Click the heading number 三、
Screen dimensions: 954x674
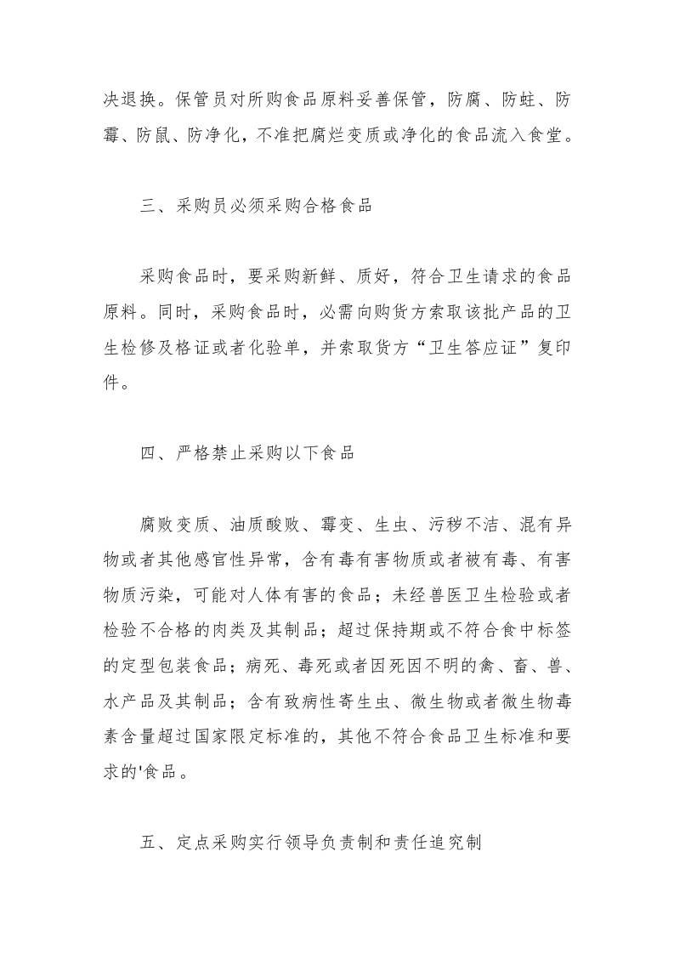(x=151, y=207)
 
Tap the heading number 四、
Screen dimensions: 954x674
(x=151, y=453)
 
